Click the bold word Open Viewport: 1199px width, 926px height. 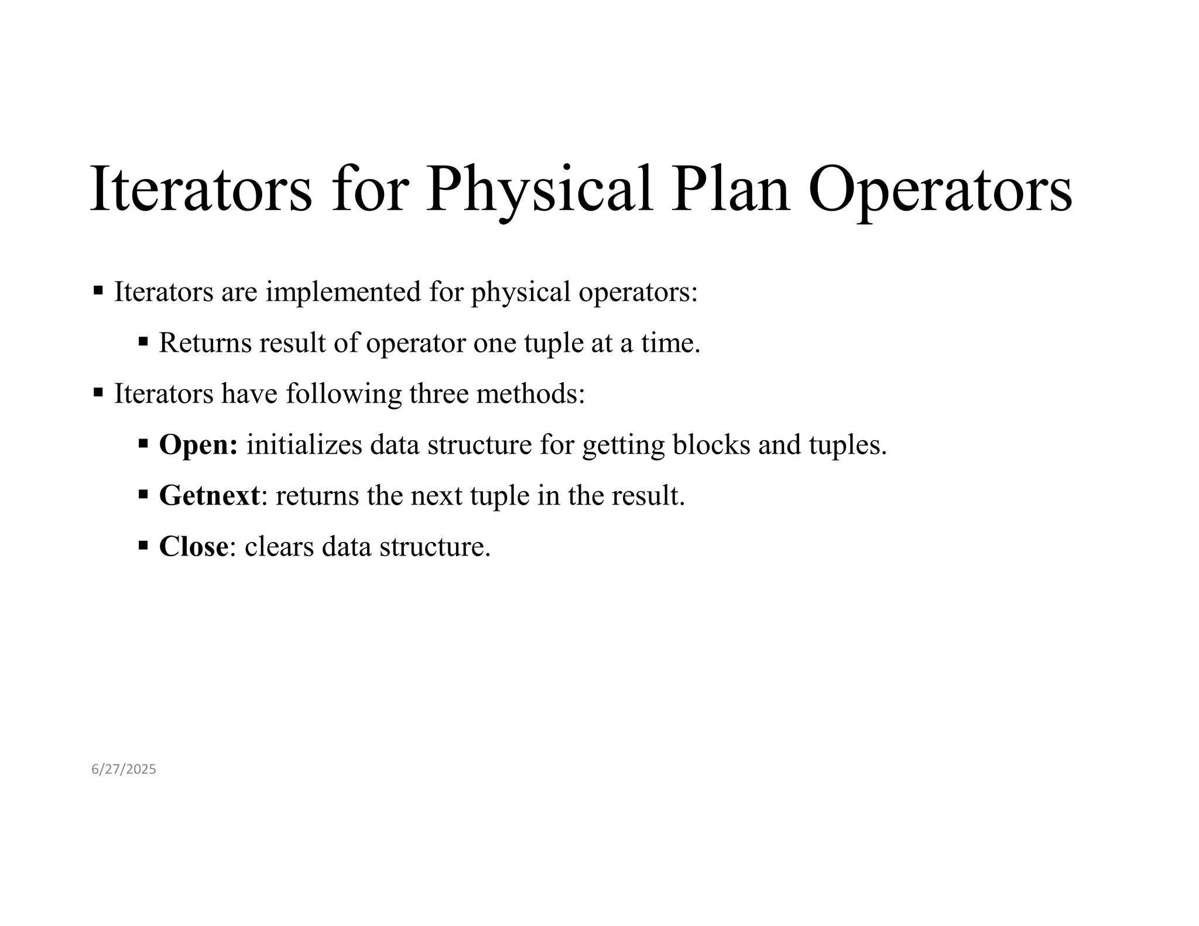coord(198,445)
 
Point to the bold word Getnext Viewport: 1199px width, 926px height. coord(209,496)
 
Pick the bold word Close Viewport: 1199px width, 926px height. coord(193,547)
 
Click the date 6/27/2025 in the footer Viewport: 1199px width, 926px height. coord(124,769)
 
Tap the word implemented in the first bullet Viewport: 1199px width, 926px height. coord(343,291)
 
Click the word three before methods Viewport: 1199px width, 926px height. coord(439,393)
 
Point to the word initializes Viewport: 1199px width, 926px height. coord(304,445)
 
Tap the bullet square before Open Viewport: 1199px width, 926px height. coord(143,443)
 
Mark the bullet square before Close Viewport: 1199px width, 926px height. coord(143,545)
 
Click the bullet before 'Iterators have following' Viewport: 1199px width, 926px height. coord(98,392)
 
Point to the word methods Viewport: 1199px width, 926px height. coord(530,393)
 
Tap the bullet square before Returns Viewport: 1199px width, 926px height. coord(143,341)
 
